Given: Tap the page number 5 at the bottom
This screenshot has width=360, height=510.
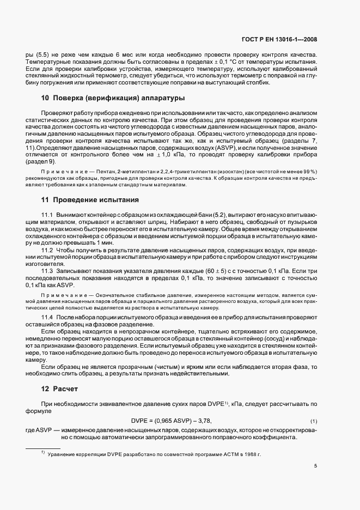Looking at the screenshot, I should click(x=316, y=465).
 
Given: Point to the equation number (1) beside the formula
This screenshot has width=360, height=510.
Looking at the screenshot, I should click(x=313, y=422).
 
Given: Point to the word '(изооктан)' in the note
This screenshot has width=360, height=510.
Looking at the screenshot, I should click(x=217, y=172).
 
